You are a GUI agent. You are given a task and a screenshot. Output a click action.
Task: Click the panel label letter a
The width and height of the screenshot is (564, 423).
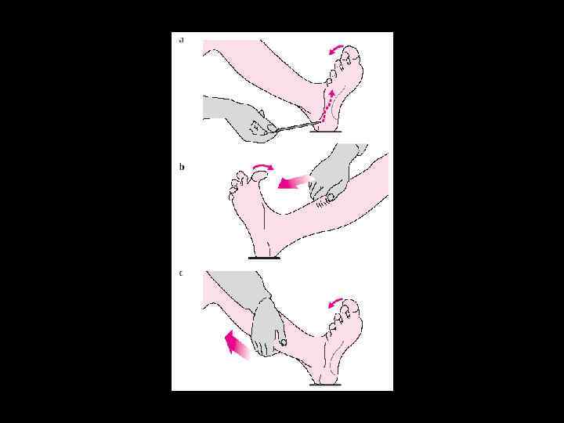[x=181, y=40]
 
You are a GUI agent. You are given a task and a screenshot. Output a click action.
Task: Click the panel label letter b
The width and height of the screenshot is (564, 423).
[x=182, y=167]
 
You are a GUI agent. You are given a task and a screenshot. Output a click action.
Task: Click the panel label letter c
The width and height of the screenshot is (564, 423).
[x=181, y=273]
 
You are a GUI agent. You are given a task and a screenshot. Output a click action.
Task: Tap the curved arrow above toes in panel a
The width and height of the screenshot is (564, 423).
[x=336, y=49]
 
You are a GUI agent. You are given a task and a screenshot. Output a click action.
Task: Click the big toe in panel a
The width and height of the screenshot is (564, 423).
[x=352, y=52]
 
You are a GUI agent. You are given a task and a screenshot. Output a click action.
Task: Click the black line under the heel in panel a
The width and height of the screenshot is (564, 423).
[x=326, y=132]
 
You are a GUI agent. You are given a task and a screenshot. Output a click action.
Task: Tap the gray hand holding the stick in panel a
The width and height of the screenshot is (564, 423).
[x=238, y=119]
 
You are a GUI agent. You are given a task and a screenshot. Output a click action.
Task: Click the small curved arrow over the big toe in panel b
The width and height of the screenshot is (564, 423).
[x=262, y=165]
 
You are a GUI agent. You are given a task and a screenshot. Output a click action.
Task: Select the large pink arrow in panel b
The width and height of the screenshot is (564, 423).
[x=295, y=182]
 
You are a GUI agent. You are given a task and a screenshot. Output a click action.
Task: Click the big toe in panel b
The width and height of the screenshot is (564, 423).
[x=260, y=175]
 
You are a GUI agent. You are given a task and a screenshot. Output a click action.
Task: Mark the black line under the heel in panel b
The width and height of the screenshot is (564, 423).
[x=265, y=258]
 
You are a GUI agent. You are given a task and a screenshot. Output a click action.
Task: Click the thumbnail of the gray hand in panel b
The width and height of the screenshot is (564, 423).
[x=330, y=197]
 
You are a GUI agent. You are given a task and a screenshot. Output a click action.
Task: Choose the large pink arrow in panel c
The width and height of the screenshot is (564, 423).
[x=237, y=345]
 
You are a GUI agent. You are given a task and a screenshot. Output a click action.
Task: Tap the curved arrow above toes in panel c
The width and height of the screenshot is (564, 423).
[x=335, y=302]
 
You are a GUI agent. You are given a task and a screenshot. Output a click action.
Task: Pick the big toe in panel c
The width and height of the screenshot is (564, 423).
[x=352, y=305]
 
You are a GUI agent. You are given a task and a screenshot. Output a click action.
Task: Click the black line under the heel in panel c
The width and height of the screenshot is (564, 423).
[x=326, y=385]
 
